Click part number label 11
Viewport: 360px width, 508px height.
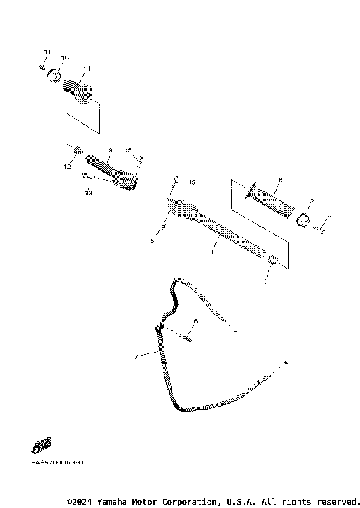(46, 51)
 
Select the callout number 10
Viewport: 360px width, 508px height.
(64, 58)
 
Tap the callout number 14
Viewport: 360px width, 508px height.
(87, 68)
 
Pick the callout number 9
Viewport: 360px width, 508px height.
(109, 150)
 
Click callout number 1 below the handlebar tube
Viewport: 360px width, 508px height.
(212, 254)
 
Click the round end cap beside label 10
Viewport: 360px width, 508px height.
(55, 77)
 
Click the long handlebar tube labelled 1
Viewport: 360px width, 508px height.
(217, 226)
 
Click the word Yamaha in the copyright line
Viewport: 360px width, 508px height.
(114, 500)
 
